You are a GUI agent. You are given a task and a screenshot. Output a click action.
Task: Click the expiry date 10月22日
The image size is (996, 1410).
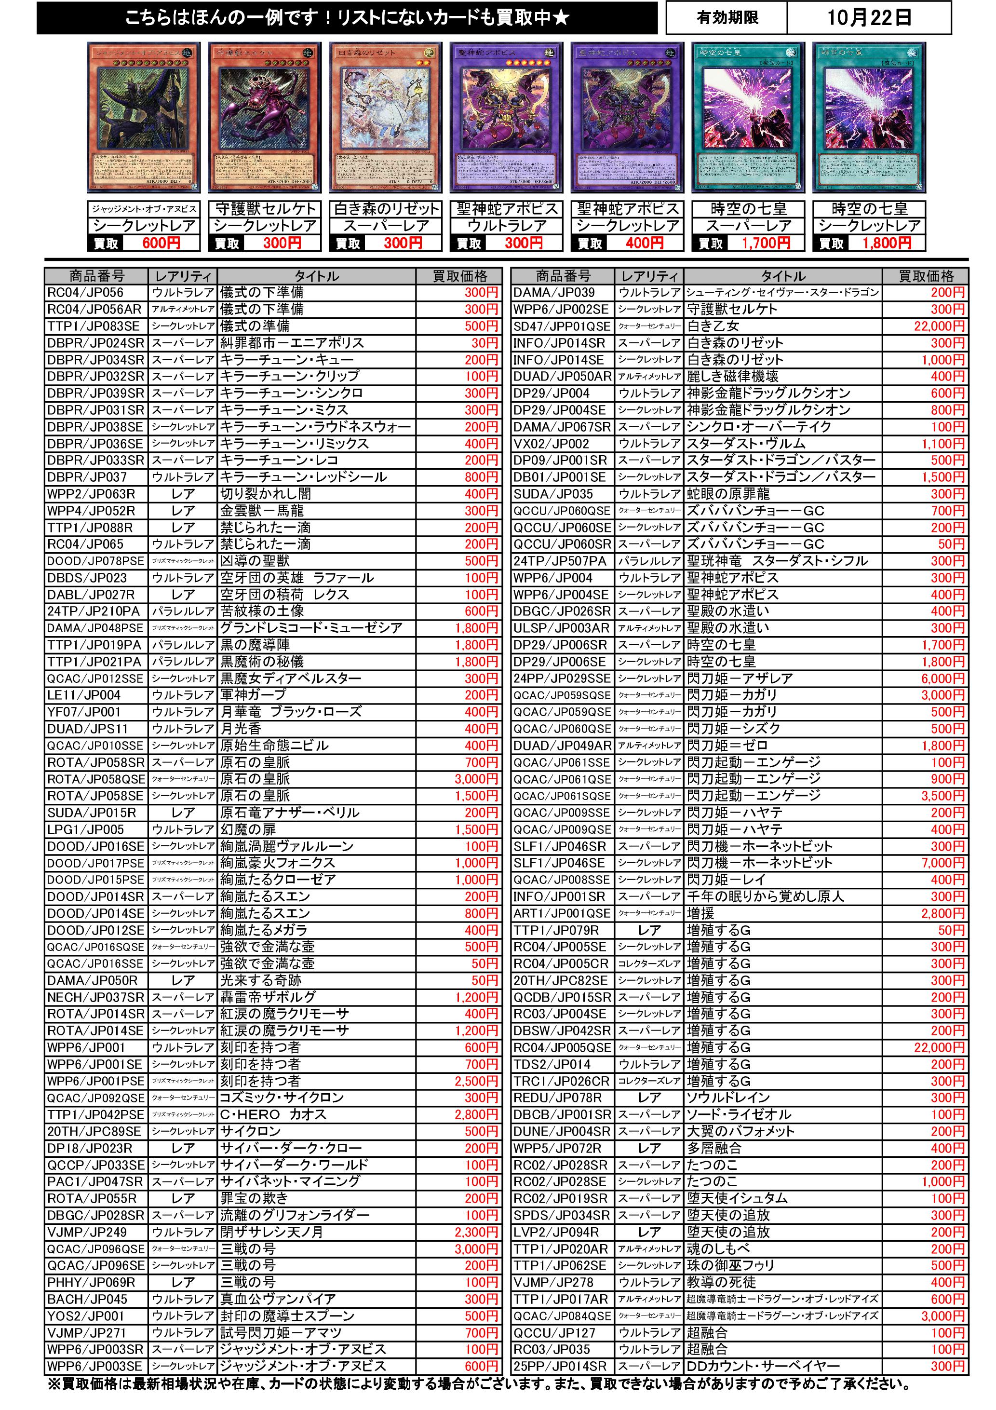tap(868, 18)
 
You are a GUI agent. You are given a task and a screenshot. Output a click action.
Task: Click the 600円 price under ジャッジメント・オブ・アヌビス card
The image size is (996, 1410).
tap(161, 243)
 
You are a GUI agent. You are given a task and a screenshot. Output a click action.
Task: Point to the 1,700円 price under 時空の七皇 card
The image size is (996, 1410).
tap(765, 243)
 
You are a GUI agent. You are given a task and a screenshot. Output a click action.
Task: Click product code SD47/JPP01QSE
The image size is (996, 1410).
tap(562, 326)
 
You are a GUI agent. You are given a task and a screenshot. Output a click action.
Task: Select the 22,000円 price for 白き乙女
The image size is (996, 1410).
tap(939, 326)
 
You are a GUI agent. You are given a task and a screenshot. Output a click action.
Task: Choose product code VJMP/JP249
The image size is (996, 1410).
tap(87, 1232)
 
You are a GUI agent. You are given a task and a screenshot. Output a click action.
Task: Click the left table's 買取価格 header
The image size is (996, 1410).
tap(459, 276)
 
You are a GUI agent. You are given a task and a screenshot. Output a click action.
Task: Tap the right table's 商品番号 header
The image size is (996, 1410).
tap(563, 276)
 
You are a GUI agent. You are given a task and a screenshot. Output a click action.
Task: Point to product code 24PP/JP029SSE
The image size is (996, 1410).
tap(562, 678)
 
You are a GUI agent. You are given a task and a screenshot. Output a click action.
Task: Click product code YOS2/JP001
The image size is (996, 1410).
tap(86, 1316)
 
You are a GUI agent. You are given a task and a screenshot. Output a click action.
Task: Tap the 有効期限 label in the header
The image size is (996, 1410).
tap(727, 18)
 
